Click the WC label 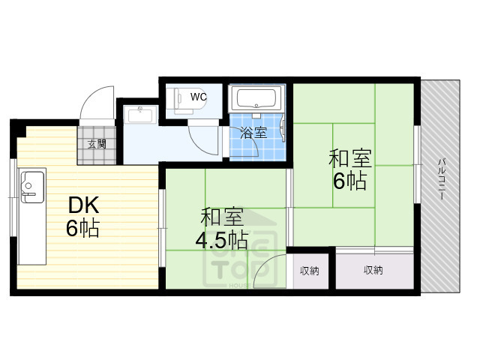[198, 97]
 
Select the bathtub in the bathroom [256, 97]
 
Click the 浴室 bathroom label [253, 133]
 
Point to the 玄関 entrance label [97, 144]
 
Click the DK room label [84, 205]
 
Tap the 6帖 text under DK [82, 228]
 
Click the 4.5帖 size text [221, 241]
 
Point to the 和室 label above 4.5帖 [221, 217]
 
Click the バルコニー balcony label [442, 178]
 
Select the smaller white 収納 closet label [310, 270]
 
